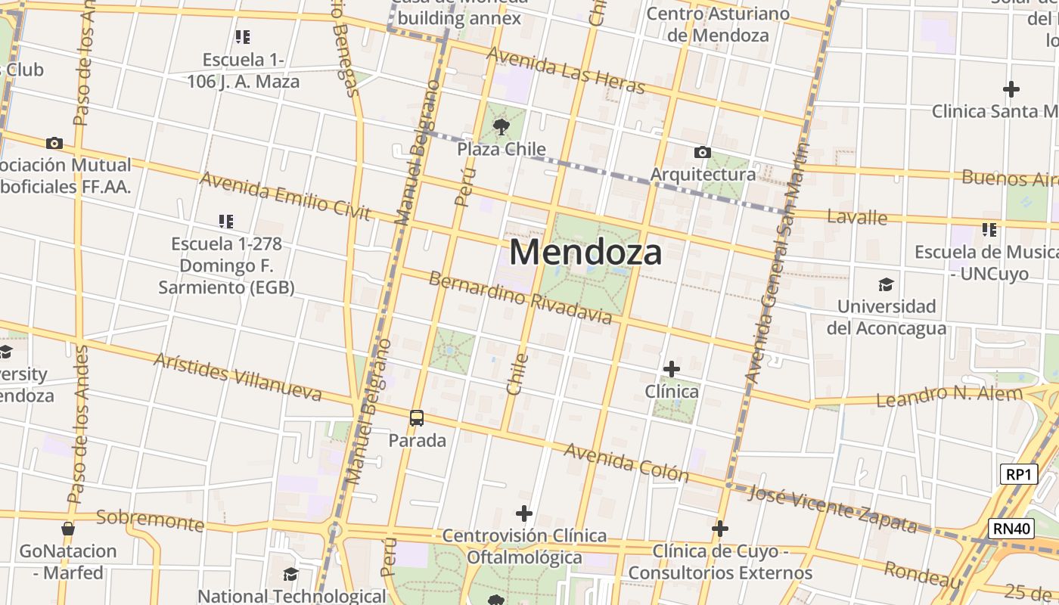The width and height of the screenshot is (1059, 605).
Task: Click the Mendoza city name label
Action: (x=585, y=252)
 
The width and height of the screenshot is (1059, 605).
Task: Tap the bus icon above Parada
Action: (x=416, y=417)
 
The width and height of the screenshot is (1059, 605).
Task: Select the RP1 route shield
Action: (x=1018, y=474)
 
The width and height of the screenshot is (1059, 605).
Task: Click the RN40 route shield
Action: (x=1012, y=528)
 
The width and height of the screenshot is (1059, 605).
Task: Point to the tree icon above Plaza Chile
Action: (x=501, y=126)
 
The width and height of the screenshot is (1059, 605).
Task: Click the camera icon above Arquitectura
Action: (x=702, y=152)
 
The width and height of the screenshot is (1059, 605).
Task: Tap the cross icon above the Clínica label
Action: (x=671, y=369)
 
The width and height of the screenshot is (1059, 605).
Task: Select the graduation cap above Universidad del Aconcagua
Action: (x=885, y=284)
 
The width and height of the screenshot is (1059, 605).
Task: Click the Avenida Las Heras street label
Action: (x=566, y=72)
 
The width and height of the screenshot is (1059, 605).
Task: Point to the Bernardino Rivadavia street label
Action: (x=520, y=297)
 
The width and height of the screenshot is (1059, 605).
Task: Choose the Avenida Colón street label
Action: (x=627, y=462)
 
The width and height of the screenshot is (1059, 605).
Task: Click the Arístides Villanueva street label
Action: (x=238, y=377)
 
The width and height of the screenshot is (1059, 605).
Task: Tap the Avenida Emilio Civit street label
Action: (x=285, y=196)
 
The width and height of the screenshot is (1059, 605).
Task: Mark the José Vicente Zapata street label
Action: (x=832, y=507)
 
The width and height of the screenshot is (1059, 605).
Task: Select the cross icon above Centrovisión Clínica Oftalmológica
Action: (x=523, y=513)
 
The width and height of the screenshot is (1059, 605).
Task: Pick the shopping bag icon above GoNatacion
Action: (x=68, y=529)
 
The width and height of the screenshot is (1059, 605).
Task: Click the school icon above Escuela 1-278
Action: (x=225, y=221)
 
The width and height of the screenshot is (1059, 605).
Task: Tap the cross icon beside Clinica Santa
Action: (x=1011, y=89)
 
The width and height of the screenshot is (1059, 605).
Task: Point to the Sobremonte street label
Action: (x=151, y=520)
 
